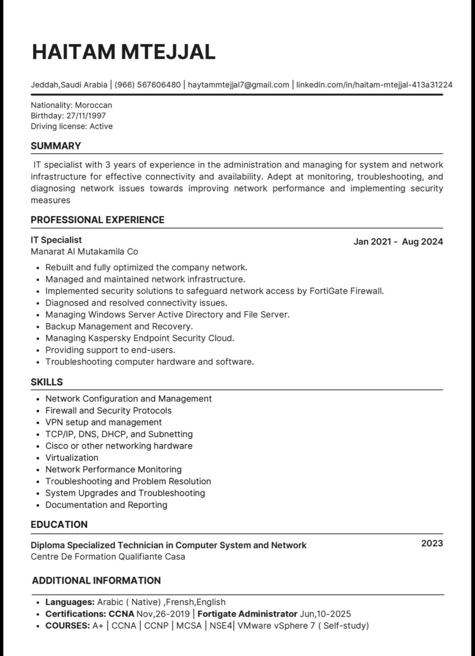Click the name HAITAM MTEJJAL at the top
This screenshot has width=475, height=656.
[x=123, y=52]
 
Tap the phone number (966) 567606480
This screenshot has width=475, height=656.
[x=148, y=85]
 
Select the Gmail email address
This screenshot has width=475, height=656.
[x=238, y=85]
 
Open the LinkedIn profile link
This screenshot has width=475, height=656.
[x=374, y=85]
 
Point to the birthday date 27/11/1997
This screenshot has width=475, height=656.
[x=86, y=115]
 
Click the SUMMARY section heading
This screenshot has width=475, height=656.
[x=56, y=146]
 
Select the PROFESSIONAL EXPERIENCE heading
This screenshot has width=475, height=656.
[x=97, y=220]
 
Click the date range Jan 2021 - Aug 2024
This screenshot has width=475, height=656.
[x=398, y=242]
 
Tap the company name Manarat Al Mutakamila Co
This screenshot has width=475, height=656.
[x=84, y=252]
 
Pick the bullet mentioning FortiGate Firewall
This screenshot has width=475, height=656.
[x=214, y=291]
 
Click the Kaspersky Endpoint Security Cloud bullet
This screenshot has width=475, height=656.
[x=140, y=338]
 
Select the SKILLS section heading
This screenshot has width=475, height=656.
[x=46, y=382]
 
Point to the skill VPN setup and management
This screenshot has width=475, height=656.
[x=103, y=422]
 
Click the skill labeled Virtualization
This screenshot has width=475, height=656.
[x=72, y=458]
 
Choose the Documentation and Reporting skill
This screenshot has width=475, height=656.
[x=106, y=505]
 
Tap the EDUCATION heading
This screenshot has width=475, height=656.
[x=59, y=525]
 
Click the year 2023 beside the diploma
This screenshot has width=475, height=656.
[x=432, y=543]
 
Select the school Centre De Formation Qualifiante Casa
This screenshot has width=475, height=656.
[x=108, y=557]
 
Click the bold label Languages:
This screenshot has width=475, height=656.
[x=70, y=602]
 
